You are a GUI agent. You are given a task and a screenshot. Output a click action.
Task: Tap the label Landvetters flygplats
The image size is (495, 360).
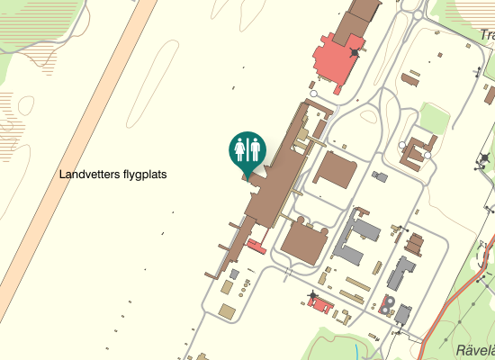[x=113, y=174]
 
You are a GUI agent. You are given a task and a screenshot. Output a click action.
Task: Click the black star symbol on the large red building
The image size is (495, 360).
[x=355, y=53]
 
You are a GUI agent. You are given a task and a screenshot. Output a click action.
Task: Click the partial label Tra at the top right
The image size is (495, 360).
[x=485, y=36]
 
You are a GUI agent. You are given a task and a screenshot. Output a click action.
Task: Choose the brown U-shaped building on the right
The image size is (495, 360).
[x=417, y=152]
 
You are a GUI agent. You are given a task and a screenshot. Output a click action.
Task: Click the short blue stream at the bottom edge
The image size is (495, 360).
[x=357, y=351]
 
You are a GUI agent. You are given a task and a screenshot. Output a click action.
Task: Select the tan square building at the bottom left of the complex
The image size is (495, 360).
[x=227, y=310]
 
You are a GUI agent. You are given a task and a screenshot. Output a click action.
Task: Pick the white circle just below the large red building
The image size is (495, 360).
[x=313, y=94]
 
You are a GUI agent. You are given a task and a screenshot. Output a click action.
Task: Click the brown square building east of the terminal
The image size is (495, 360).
[x=336, y=169]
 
